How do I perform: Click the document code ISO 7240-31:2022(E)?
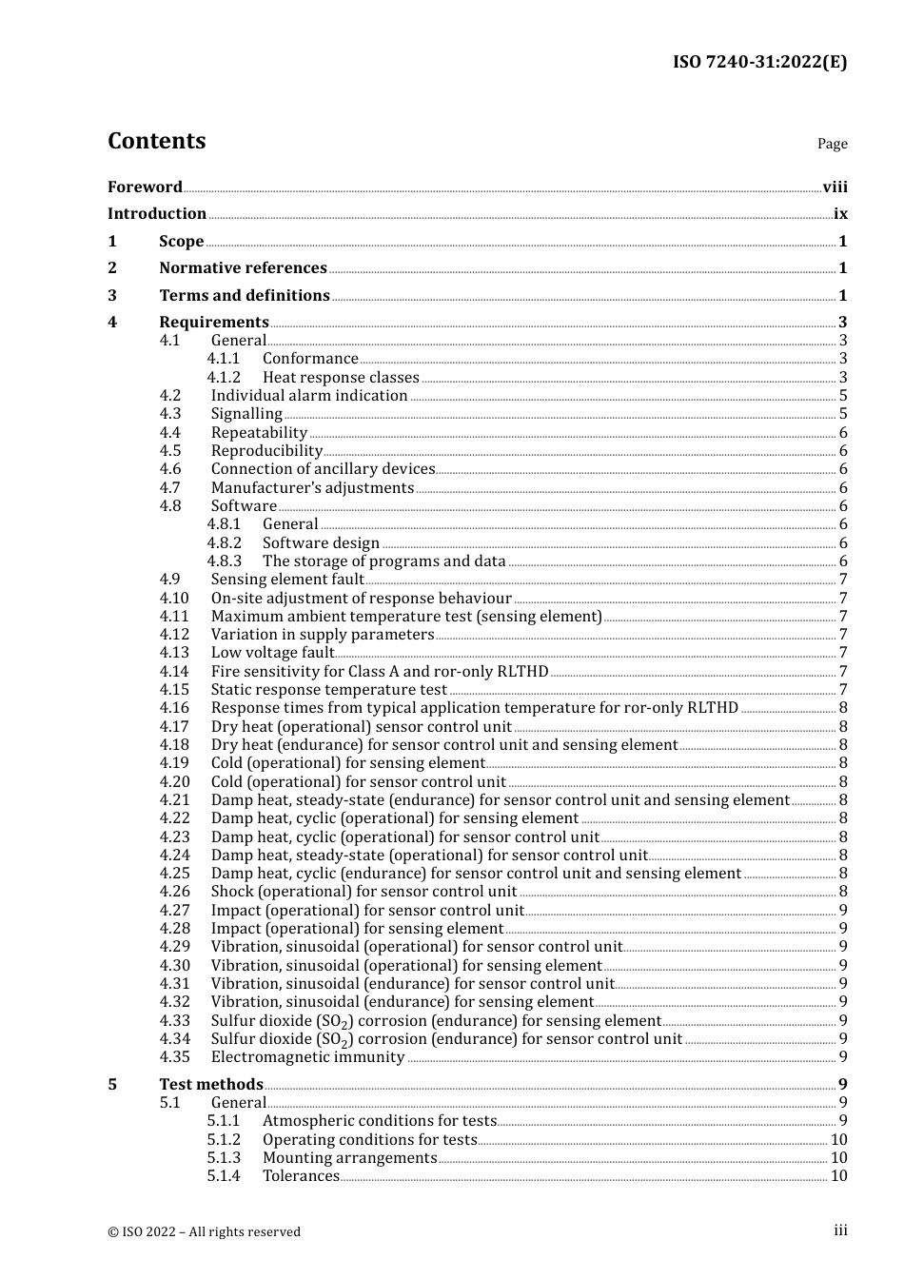pyautogui.click(x=759, y=62)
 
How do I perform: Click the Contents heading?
pyautogui.click(x=156, y=141)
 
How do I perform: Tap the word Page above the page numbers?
pyautogui.click(x=832, y=144)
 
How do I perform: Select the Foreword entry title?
pyautogui.click(x=145, y=187)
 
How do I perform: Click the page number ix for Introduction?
pyautogui.click(x=840, y=214)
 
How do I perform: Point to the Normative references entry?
pyautogui.click(x=243, y=268)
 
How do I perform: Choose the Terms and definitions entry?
pyautogui.click(x=245, y=296)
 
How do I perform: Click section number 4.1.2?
pyautogui.click(x=224, y=378)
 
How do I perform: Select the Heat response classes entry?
pyautogui.click(x=341, y=378)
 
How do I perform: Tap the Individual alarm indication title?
pyautogui.click(x=309, y=396)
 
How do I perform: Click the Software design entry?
pyautogui.click(x=321, y=543)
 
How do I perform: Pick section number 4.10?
pyautogui.click(x=174, y=599)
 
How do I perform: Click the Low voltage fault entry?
pyautogui.click(x=272, y=653)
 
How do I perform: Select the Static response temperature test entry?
pyautogui.click(x=328, y=690)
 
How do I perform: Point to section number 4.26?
pyautogui.click(x=174, y=892)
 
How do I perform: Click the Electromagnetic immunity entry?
pyautogui.click(x=307, y=1057)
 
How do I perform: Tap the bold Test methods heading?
pyautogui.click(x=211, y=1085)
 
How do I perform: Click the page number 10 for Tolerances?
pyautogui.click(x=838, y=1176)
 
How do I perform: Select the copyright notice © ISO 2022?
pyautogui.click(x=204, y=1231)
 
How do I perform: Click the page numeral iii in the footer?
pyautogui.click(x=840, y=1230)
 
